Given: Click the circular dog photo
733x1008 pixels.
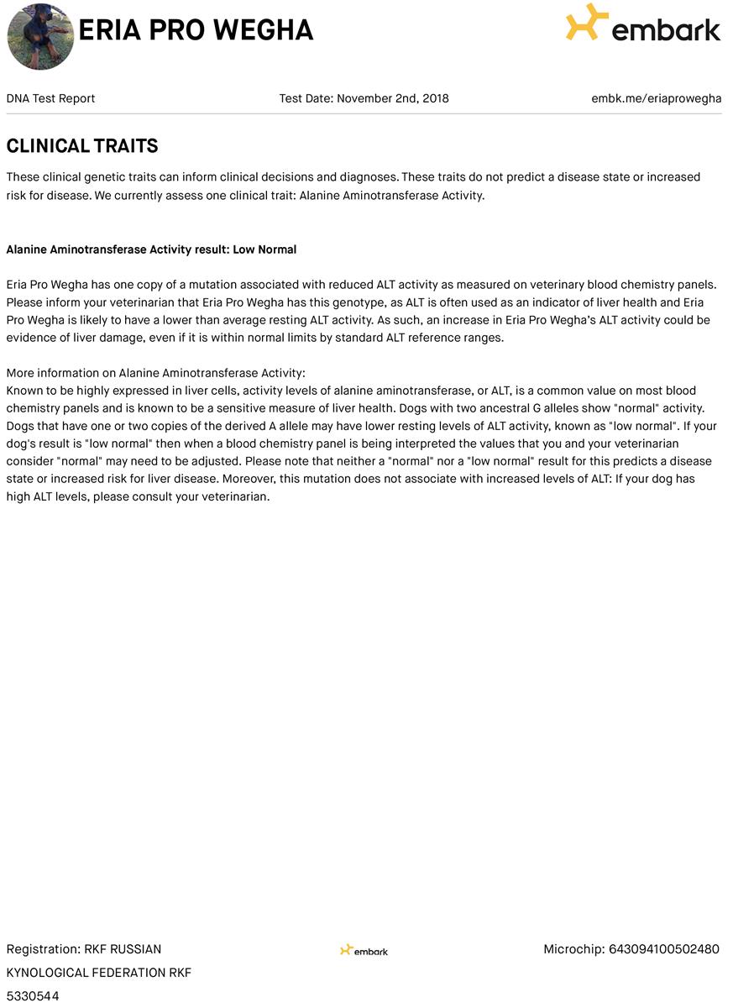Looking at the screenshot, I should tap(40, 36).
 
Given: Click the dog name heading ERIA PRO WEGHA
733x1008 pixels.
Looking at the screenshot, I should tap(196, 30).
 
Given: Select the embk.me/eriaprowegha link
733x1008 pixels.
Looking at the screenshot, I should tap(656, 98).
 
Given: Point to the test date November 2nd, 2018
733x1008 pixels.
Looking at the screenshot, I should tap(392, 98).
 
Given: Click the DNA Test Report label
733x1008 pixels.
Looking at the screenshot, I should tap(50, 98).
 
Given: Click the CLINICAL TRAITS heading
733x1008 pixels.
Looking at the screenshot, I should tap(82, 146).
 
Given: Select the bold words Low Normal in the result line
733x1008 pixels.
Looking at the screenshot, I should tap(264, 249).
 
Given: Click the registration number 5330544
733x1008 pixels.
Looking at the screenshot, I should tap(33, 996).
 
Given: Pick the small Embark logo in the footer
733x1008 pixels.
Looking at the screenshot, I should tap(364, 950).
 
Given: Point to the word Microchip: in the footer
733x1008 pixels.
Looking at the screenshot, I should tap(573, 949).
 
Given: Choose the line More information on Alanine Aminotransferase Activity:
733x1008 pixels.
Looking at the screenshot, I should tap(156, 373).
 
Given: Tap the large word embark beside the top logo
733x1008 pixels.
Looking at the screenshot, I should tap(666, 30).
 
